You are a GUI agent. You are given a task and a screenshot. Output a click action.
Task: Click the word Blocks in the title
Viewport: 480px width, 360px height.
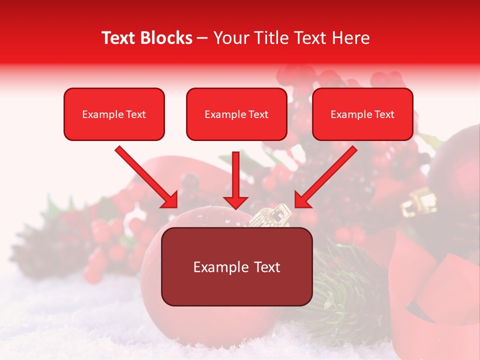coord(166,38)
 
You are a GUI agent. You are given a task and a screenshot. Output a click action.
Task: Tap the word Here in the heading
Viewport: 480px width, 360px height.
coord(351,38)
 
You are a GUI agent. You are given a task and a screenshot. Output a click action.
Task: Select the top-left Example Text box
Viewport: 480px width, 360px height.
coord(114,114)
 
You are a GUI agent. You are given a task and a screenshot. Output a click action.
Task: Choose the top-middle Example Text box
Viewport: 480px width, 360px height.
coord(236,114)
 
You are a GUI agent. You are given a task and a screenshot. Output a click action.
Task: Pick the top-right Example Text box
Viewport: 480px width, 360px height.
coord(362,114)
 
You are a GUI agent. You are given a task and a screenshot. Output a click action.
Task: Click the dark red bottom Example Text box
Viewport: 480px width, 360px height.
coord(236,266)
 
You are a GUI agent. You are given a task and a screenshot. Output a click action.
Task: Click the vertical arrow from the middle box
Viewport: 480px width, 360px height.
coord(236,180)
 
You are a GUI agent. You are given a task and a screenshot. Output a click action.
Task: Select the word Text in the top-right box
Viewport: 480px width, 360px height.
coord(384,114)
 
